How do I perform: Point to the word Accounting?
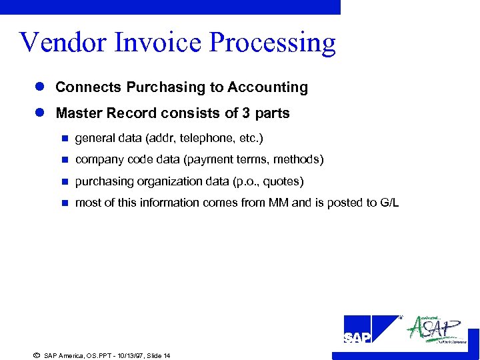(267, 87)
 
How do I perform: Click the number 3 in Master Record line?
(247, 113)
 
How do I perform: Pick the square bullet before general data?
(64, 139)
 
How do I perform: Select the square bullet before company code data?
(64, 160)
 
